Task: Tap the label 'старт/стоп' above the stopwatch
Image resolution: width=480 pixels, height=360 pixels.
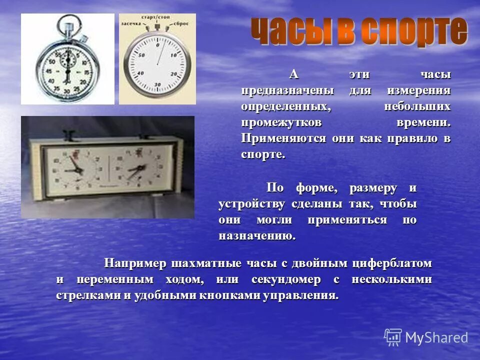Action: [x=156, y=17]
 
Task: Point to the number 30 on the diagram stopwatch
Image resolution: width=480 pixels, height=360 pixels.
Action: [x=157, y=84]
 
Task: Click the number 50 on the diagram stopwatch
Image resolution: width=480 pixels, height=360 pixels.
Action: [x=141, y=55]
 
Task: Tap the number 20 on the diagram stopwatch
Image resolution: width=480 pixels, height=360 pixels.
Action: [x=173, y=74]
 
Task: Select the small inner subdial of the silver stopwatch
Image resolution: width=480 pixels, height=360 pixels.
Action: [x=67, y=61]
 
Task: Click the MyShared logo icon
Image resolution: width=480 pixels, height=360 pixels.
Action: [x=393, y=337]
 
